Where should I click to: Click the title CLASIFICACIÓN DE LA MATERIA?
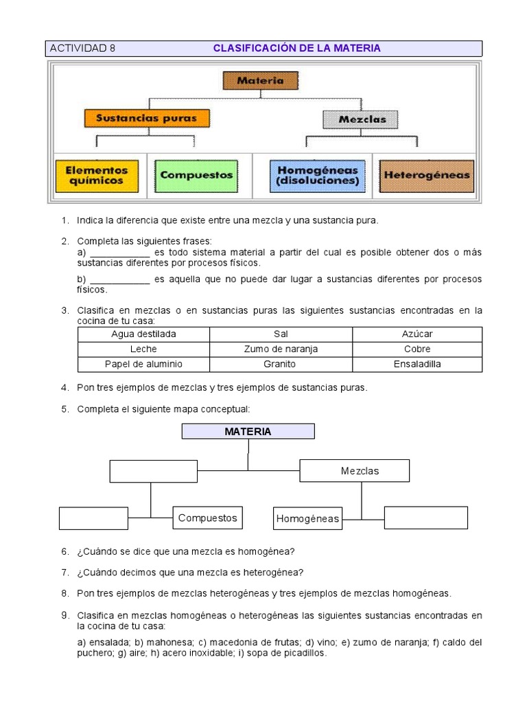tap(296, 48)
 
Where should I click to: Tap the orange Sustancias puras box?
tap(146, 118)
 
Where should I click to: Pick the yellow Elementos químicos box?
tap(97, 175)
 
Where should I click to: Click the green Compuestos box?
tap(197, 174)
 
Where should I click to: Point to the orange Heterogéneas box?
tap(427, 175)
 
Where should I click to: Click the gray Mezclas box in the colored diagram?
tap(362, 119)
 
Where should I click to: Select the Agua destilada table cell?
tap(144, 334)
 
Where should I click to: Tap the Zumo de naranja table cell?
tap(281, 349)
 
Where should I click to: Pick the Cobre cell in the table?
tap(417, 349)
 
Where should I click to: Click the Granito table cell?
tap(281, 364)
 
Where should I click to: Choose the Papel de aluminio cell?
tap(144, 364)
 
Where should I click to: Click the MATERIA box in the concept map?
tap(248, 431)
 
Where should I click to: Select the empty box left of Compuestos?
tap(93, 518)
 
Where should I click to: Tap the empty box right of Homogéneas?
tap(425, 518)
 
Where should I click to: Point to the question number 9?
tap(65, 614)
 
